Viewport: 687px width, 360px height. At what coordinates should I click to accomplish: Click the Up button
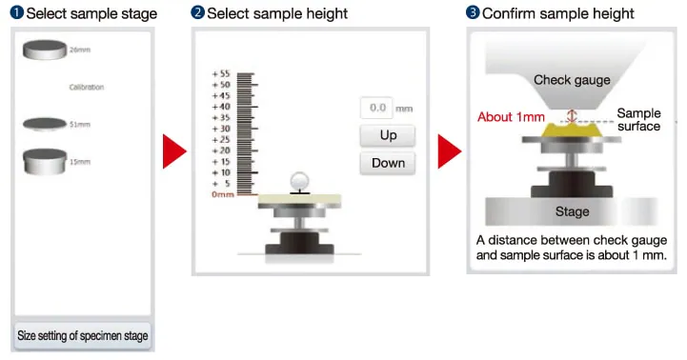(x=388, y=135)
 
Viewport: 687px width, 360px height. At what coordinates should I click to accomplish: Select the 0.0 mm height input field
(x=376, y=108)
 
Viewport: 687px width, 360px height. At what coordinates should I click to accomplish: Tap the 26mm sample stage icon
(x=45, y=50)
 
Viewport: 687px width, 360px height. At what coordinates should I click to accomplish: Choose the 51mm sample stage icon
(x=45, y=124)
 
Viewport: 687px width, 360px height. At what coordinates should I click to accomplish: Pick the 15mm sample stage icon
(x=45, y=161)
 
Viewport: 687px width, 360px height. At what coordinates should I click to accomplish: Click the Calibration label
(x=87, y=88)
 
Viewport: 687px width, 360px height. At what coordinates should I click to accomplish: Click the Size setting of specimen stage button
(x=82, y=336)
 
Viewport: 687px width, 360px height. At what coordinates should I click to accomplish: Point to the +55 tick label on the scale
(x=221, y=73)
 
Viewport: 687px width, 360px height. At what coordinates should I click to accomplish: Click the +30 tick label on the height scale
(x=221, y=129)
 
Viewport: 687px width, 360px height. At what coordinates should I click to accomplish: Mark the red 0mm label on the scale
(x=223, y=194)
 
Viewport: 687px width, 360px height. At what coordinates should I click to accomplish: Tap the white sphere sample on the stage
(x=300, y=181)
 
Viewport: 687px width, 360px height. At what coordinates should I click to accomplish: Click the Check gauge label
(x=572, y=80)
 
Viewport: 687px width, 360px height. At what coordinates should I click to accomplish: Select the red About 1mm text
(x=511, y=117)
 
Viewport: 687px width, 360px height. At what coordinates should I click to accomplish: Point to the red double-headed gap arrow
(x=572, y=116)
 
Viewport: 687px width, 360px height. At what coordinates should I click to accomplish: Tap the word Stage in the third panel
(x=572, y=211)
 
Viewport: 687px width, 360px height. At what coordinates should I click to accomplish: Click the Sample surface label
(x=638, y=120)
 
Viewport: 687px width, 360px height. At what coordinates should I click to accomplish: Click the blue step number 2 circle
(x=197, y=12)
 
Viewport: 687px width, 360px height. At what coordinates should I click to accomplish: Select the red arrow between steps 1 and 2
(x=174, y=151)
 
